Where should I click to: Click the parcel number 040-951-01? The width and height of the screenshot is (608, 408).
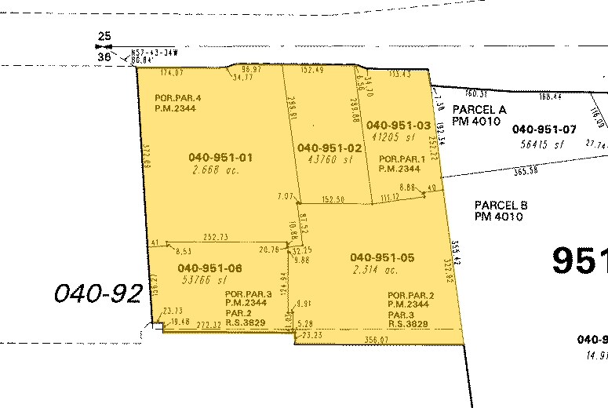(x=221, y=158)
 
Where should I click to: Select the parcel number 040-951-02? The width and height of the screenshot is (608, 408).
(x=329, y=148)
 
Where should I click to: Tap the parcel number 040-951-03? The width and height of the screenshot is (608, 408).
(x=399, y=126)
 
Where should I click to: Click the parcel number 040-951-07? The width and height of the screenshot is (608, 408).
(x=544, y=129)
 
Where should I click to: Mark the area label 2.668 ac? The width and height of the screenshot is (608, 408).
(x=210, y=169)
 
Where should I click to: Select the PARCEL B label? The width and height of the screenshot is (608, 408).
(x=501, y=205)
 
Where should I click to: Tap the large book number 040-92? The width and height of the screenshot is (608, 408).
(x=98, y=294)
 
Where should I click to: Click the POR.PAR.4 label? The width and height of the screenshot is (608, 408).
(x=178, y=97)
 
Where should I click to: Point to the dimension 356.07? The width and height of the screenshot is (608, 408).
(x=377, y=340)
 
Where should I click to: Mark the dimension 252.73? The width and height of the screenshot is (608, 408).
(x=214, y=236)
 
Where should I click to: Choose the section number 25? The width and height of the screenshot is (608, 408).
(x=104, y=36)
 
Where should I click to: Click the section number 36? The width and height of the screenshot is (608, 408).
(x=104, y=57)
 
